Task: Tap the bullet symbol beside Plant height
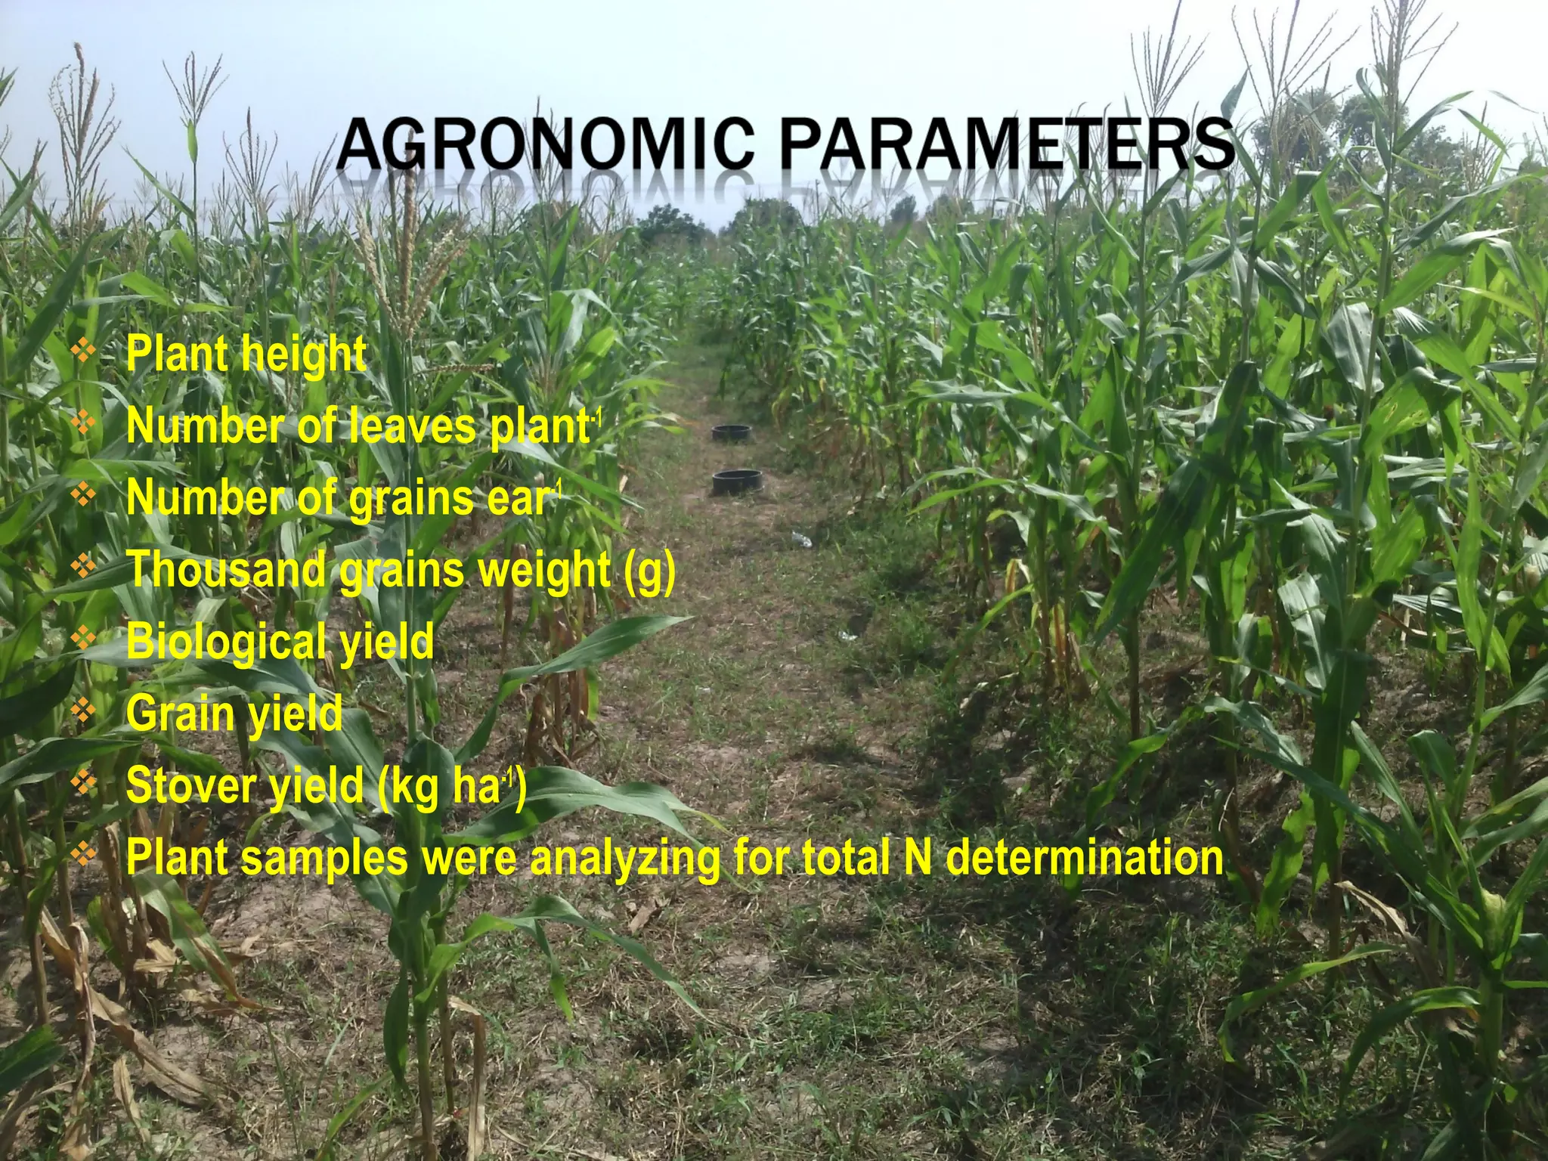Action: [84, 350]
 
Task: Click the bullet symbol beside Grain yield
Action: [84, 709]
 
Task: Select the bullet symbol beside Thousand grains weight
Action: [84, 565]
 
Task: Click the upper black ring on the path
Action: [732, 432]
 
